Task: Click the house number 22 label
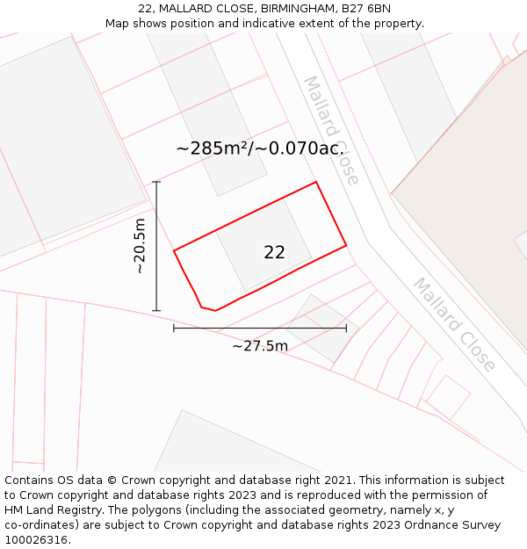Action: click(x=274, y=252)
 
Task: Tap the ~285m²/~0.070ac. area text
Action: click(x=259, y=148)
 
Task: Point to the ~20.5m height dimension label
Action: click(x=140, y=246)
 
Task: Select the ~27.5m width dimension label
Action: click(x=260, y=346)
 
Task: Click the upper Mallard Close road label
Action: click(x=331, y=130)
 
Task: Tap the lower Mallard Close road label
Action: click(x=454, y=324)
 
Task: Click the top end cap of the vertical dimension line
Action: click(x=156, y=182)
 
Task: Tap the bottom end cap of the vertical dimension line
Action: click(x=156, y=310)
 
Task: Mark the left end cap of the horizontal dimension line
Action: click(x=174, y=328)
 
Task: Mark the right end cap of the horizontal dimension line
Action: click(x=346, y=328)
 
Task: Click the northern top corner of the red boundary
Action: click(x=315, y=183)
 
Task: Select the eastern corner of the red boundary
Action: click(x=346, y=245)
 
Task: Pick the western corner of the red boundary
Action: click(x=174, y=251)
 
